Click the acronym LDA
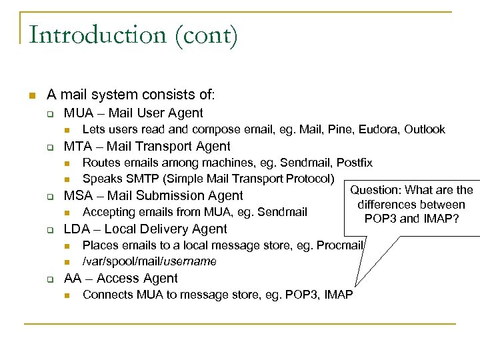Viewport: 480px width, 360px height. (x=77, y=229)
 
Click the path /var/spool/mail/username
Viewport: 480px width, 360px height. (x=149, y=261)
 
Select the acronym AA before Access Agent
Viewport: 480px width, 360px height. (x=73, y=278)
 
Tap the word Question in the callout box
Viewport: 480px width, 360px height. (x=375, y=191)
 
